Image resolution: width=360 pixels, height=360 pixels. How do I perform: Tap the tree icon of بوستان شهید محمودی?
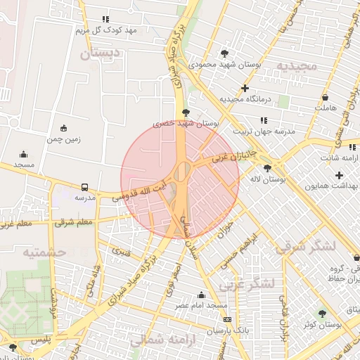224,53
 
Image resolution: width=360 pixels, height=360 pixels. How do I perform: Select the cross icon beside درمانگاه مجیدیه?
245,89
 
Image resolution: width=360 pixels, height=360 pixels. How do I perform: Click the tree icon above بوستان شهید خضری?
186,112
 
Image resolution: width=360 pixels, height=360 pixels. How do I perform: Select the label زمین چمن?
64,139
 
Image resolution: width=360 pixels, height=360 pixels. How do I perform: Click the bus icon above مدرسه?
84,188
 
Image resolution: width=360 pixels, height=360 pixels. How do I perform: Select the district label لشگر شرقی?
305,247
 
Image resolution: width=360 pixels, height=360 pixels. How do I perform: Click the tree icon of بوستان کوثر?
322,314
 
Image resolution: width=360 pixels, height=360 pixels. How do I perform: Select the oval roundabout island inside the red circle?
182,171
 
